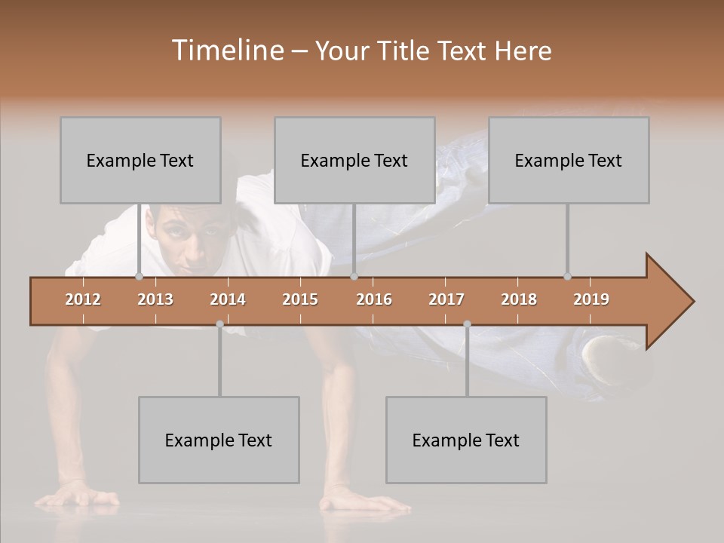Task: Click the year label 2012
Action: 83,299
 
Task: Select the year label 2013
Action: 155,299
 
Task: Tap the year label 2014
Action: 228,299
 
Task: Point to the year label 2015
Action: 300,299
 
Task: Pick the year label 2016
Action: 374,299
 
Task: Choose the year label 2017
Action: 446,299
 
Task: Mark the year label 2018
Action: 519,299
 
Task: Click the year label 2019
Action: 591,299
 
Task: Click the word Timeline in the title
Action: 227,51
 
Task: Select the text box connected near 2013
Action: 140,160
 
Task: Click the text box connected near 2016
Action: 354,160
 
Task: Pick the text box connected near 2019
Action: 569,160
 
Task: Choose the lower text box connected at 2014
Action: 219,440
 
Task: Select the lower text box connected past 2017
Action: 466,440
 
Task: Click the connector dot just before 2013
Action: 139,277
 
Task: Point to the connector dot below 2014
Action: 219,324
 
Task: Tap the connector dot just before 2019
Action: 567,277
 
